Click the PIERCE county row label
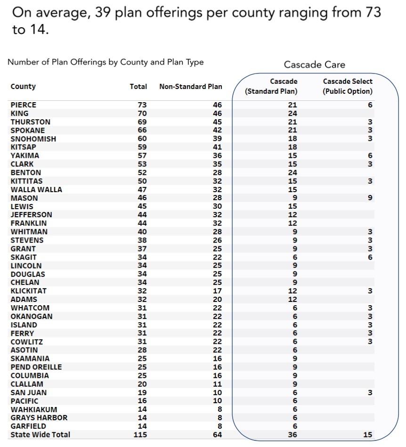pos(23,105)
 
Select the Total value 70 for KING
pos(142,114)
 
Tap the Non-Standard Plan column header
pos(190,87)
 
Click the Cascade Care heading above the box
pos(314,65)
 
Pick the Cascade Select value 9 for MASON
pos(370,198)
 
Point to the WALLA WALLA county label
pos(36,189)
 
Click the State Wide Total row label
pos(40,435)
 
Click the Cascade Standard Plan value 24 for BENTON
pos(292,172)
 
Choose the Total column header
pos(138,87)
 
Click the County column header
pos(23,87)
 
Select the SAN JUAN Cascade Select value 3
pos(370,393)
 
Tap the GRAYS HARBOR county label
pos(39,418)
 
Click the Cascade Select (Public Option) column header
pos(348,86)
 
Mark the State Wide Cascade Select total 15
pos(367,435)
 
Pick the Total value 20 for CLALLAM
pos(142,384)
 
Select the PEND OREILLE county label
pos(36,367)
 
